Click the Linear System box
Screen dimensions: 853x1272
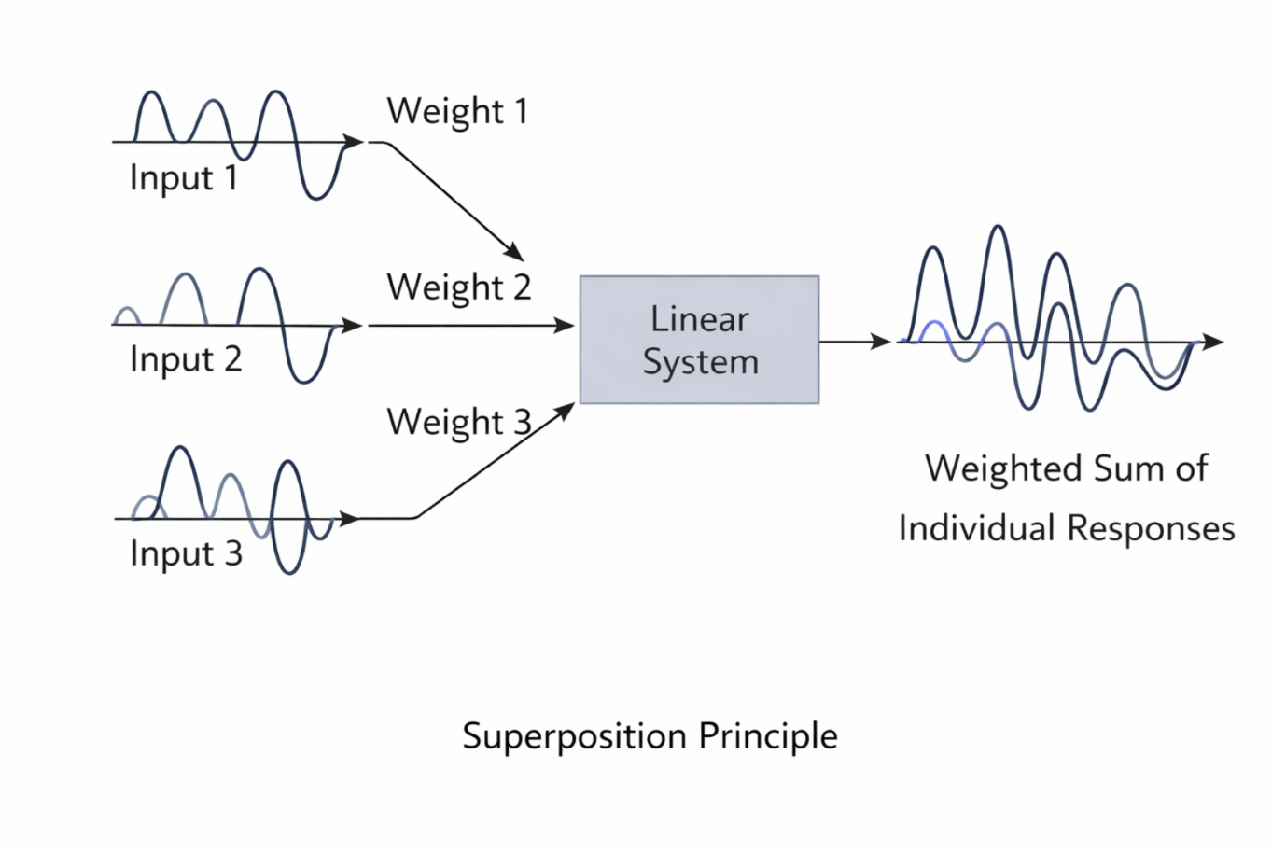[699, 340]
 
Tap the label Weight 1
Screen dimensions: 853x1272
[457, 111]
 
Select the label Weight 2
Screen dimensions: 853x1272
[458, 287]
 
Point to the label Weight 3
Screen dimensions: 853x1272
[458, 422]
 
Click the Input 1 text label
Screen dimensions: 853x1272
[184, 177]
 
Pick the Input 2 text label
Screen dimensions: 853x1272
[186, 358]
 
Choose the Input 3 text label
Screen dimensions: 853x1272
[186, 553]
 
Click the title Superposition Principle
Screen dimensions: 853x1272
[650, 736]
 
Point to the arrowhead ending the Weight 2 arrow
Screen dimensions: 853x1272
[565, 325]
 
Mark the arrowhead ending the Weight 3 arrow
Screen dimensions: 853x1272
[566, 410]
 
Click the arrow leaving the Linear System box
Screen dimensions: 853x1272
[854, 342]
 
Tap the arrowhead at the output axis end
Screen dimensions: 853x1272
[1212, 342]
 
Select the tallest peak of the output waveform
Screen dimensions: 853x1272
[999, 228]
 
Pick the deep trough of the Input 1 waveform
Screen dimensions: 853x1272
[316, 197]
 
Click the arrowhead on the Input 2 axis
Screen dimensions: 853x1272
[352, 325]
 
